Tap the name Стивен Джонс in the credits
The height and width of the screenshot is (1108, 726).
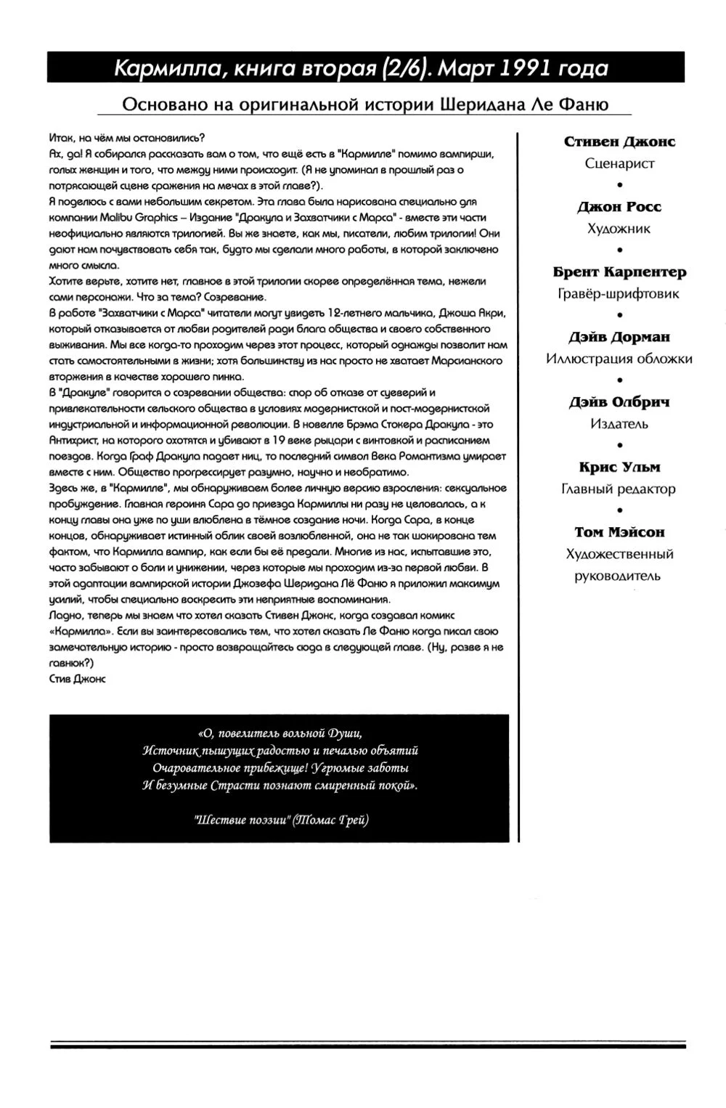click(619, 142)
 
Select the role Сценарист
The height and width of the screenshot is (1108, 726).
click(619, 163)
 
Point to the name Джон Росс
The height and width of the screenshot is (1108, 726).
click(619, 207)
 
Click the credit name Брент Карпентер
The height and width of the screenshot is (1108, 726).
click(619, 272)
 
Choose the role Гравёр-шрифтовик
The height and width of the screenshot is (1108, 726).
click(619, 294)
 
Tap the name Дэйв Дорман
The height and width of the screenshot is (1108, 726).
click(619, 338)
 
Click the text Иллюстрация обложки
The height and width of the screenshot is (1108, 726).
click(619, 359)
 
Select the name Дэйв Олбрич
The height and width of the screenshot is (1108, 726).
click(619, 402)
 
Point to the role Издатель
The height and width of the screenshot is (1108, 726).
click(619, 424)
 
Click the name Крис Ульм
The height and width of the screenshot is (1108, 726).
click(619, 468)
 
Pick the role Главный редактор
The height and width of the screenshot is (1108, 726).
click(619, 489)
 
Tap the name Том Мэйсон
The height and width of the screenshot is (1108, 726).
click(619, 533)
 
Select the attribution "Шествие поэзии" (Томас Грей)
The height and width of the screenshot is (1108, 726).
click(281, 820)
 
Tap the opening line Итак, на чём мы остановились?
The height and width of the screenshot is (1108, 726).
click(127, 137)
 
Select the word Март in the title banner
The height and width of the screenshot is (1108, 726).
click(467, 68)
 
